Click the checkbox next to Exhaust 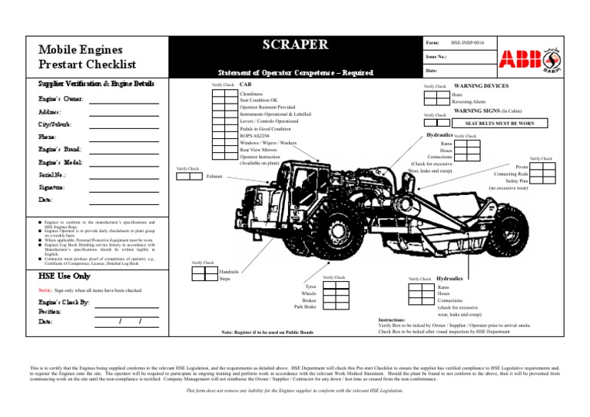click(x=188, y=176)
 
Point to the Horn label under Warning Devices click(x=456, y=94)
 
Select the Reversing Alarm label click(x=468, y=101)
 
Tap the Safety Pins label click(x=516, y=180)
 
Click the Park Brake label click(x=305, y=307)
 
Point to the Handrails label click(x=229, y=272)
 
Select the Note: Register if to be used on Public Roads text click(x=267, y=333)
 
